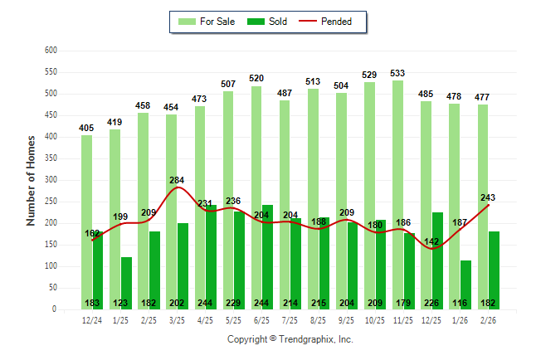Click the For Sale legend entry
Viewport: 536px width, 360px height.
[208, 22]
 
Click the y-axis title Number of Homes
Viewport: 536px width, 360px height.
[32, 180]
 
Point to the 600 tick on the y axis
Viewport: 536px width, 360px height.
[50, 51]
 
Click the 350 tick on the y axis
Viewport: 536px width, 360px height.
[50, 158]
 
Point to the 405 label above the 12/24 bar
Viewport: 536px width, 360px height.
[86, 128]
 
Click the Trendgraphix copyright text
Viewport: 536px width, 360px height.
[290, 339]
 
